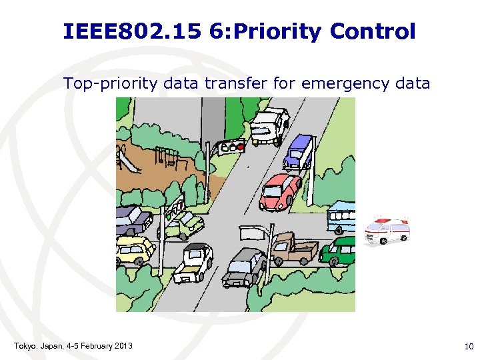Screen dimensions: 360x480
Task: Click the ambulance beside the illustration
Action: pos(387,230)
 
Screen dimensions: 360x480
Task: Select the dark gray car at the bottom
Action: pos(245,267)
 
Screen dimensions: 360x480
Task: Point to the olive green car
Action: pos(185,223)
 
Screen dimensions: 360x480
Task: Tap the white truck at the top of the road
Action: pos(269,125)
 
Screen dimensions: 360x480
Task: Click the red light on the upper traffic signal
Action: pos(241,147)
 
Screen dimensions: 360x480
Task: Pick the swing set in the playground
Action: pos(168,156)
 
